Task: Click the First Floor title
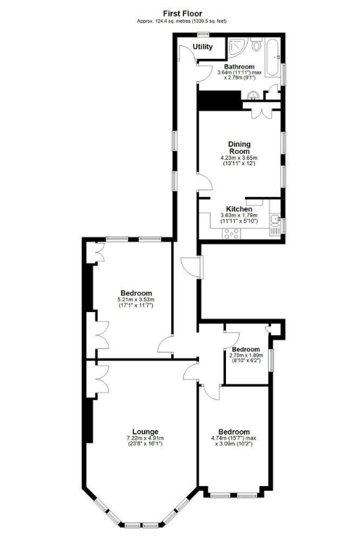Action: tap(183, 14)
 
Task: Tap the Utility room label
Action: tap(202, 47)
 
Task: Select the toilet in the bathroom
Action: tap(256, 44)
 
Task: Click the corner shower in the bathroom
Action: tap(238, 47)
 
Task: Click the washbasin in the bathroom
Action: tap(254, 95)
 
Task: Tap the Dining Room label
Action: tap(239, 148)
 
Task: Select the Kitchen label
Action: tap(239, 209)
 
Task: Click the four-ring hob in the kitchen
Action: tap(231, 234)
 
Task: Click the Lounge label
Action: tap(145, 432)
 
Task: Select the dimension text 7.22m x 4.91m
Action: tap(145, 438)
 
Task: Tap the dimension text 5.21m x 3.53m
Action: tap(136, 299)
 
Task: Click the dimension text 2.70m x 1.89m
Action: tap(246, 355)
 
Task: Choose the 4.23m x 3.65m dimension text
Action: tap(239, 158)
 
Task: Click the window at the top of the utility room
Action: tap(204, 34)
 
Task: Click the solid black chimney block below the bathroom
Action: tap(219, 100)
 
